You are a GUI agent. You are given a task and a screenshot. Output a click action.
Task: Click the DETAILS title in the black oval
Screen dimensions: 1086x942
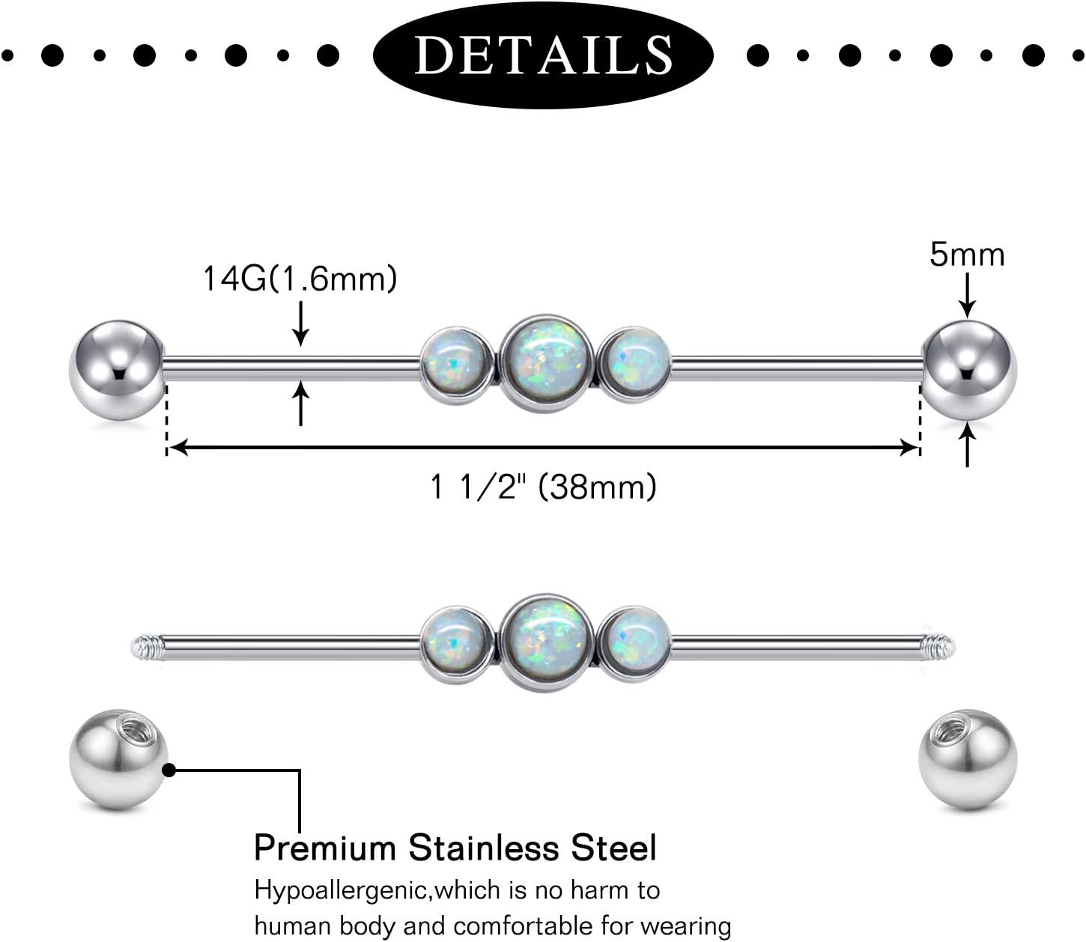543,54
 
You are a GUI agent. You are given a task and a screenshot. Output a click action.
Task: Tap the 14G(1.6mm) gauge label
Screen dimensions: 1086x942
300,279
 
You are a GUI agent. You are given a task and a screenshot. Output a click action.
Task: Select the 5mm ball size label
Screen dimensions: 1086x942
967,255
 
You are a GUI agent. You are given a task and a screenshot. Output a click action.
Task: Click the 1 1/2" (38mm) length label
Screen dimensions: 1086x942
543,487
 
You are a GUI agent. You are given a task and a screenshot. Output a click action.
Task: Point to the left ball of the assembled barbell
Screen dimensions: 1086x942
116,366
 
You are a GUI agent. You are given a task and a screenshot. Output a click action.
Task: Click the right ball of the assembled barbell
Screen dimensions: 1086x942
969,366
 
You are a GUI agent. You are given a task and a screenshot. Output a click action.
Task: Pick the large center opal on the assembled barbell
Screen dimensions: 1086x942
546,364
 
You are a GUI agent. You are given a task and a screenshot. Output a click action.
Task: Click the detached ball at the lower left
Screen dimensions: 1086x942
118,759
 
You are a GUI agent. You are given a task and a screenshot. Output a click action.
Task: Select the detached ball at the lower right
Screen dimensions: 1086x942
967,759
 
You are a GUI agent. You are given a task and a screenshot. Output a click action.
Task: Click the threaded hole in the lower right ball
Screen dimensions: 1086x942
949,730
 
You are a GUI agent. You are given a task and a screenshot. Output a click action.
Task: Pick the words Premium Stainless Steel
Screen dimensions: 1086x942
455,848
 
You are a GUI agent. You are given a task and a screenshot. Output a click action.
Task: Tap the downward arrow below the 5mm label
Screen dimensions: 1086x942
968,296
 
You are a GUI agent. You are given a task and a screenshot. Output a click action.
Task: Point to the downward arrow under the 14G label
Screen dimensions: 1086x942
300,323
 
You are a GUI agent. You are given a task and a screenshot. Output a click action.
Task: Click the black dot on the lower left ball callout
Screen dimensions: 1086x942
169,769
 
